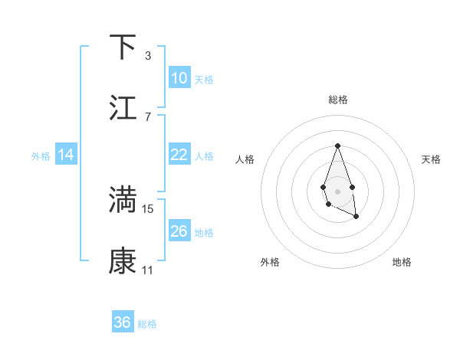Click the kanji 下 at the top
pyautogui.click(x=123, y=47)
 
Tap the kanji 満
pyautogui.click(x=123, y=200)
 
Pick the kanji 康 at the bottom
pyautogui.click(x=123, y=261)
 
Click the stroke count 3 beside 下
pyautogui.click(x=147, y=55)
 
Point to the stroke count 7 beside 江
pyautogui.click(x=147, y=116)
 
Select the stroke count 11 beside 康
pyautogui.click(x=148, y=270)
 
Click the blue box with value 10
pyautogui.click(x=179, y=78)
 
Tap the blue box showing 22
pyautogui.click(x=179, y=155)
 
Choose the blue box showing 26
pyautogui.click(x=179, y=231)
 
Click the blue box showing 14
pyautogui.click(x=66, y=155)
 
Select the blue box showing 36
pyautogui.click(x=123, y=322)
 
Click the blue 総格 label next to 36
pyautogui.click(x=147, y=324)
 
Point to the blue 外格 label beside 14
pyautogui.click(x=41, y=156)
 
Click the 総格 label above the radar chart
pyautogui.click(x=337, y=100)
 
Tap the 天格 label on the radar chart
pyautogui.click(x=432, y=159)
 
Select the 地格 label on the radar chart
pyautogui.click(x=402, y=262)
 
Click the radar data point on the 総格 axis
pyautogui.click(x=337, y=146)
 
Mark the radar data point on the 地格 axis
pyautogui.click(x=356, y=217)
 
